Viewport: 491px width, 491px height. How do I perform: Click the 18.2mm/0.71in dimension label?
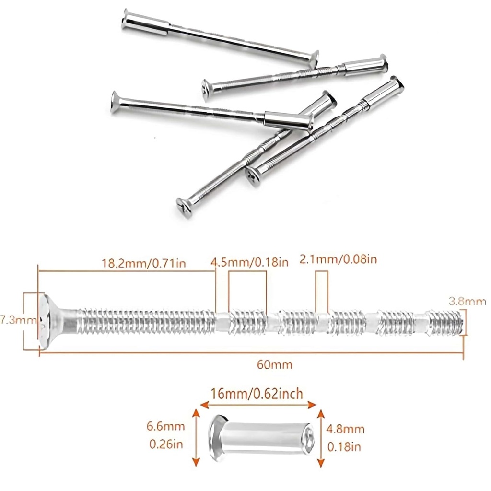click(x=144, y=263)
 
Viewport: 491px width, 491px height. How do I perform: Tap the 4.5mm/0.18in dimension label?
click(x=250, y=262)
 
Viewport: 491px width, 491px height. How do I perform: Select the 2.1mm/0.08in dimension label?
click(x=339, y=259)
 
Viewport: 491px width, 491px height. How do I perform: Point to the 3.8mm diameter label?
click(x=468, y=302)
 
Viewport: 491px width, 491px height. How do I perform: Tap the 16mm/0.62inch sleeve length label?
click(x=257, y=394)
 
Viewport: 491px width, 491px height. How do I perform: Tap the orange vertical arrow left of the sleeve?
click(x=195, y=437)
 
